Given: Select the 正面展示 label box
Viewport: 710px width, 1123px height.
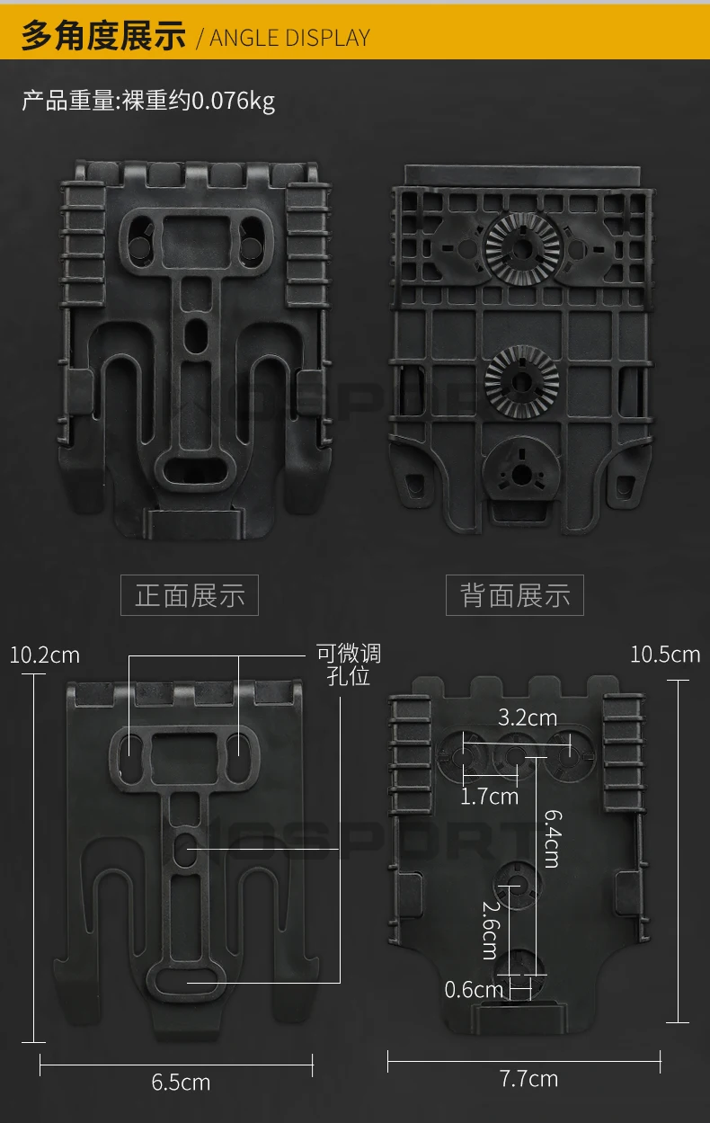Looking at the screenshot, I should pyautogui.click(x=190, y=595).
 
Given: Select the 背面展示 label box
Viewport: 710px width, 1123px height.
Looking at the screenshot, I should pyautogui.click(x=515, y=595).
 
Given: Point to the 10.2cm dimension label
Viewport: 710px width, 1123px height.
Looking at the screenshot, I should pyautogui.click(x=44, y=655).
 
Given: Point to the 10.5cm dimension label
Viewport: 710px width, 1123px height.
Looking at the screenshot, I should pyautogui.click(x=665, y=654).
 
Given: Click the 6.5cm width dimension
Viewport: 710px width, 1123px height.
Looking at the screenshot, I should pyautogui.click(x=181, y=1083).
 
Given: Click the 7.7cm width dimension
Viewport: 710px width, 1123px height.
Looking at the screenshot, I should pyautogui.click(x=528, y=1078).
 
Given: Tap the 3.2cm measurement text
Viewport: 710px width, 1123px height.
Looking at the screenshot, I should pyautogui.click(x=528, y=717).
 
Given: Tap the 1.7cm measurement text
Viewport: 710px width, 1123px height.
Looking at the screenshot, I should pyautogui.click(x=489, y=796).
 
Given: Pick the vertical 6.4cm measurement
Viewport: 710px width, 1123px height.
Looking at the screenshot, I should pyautogui.click(x=553, y=837).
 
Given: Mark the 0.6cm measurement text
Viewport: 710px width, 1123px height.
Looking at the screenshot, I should pyautogui.click(x=475, y=990).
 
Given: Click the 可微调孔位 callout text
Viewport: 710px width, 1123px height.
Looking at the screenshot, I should pyautogui.click(x=349, y=664).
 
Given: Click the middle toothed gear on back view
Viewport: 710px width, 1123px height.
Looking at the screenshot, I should pyautogui.click(x=522, y=381).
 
